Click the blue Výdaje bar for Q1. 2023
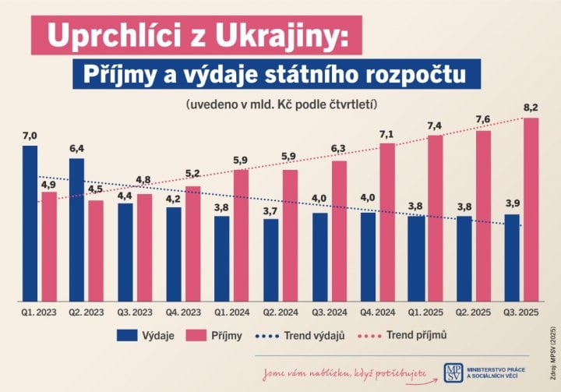click(x=30, y=223)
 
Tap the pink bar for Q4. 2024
click(x=386, y=222)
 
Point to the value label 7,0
click(x=30, y=136)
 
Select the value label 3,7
click(x=270, y=210)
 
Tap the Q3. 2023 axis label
click(x=134, y=313)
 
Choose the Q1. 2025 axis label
click(x=425, y=313)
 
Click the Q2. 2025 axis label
click(x=473, y=313)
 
